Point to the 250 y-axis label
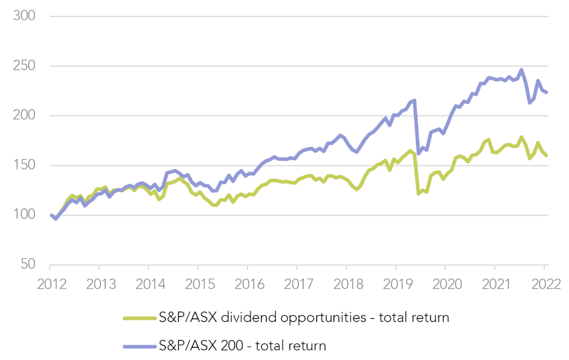tap(24, 66)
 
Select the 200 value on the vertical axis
tap(24, 116)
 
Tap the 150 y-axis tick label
tap(24, 165)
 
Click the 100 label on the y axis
tap(24, 216)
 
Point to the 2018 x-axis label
tap(346, 285)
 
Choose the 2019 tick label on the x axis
tap(396, 285)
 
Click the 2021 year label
tap(494, 285)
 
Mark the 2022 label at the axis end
tap(543, 285)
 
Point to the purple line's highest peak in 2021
tap(521, 70)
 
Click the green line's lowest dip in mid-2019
tap(418, 193)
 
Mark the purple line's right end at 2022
tap(546, 92)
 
